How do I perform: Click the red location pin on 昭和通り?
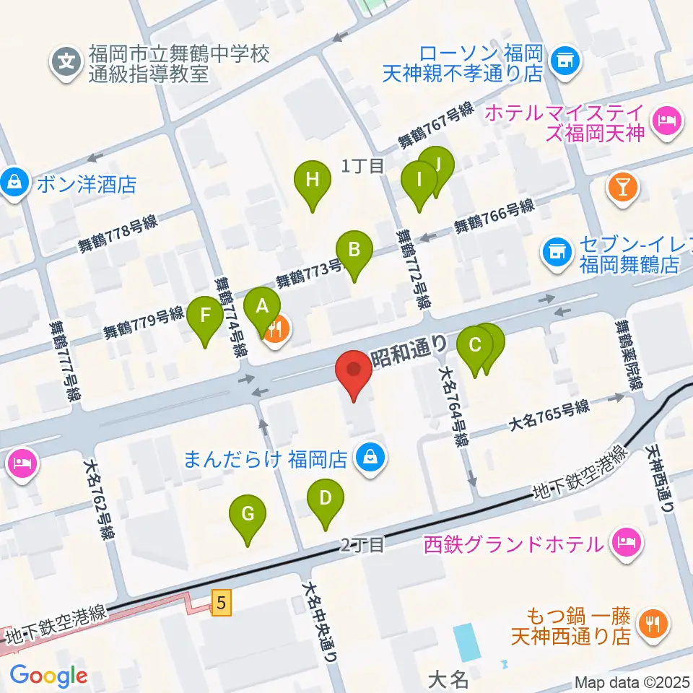pos(354,372)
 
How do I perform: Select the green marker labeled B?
pos(354,251)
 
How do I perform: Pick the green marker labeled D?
pos(326,499)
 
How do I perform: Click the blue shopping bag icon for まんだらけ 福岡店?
pos(370,457)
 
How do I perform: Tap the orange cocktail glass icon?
pos(623,187)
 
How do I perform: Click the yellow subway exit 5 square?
pos(222,601)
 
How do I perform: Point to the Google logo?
pos(48,676)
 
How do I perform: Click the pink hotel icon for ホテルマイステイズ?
pos(664,120)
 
